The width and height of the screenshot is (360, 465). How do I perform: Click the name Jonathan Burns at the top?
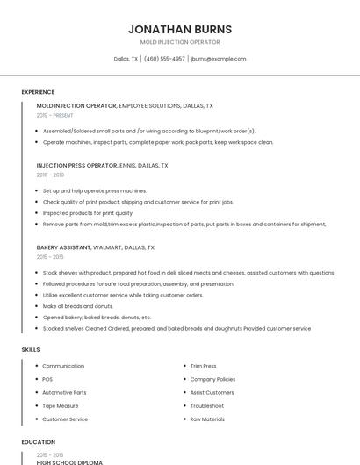(180, 29)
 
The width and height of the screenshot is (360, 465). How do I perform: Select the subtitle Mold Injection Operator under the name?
(180, 42)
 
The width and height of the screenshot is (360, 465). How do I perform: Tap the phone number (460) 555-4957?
(164, 59)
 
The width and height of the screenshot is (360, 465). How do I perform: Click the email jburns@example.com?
(219, 59)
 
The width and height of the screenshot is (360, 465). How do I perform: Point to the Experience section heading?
(38, 92)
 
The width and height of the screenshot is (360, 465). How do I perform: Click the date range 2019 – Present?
(55, 115)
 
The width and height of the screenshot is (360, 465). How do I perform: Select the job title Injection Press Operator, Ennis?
(102, 165)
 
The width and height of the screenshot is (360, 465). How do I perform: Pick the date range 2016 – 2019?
(50, 175)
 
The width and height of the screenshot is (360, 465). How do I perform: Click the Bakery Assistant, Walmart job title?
(95, 247)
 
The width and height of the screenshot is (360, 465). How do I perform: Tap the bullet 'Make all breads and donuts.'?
(78, 306)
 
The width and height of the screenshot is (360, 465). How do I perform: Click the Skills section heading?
(31, 349)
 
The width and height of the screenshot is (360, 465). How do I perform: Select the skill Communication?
(63, 366)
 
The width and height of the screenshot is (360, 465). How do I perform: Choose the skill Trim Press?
(203, 366)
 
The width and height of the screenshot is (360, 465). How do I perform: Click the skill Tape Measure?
(61, 405)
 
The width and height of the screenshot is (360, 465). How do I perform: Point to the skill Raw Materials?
(207, 418)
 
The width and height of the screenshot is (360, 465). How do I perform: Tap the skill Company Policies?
(212, 379)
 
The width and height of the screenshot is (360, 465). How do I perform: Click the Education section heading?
(39, 442)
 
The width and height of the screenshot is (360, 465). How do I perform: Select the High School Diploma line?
(69, 461)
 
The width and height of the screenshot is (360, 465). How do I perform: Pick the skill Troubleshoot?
(206, 405)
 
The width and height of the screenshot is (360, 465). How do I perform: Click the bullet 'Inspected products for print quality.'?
(88, 212)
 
